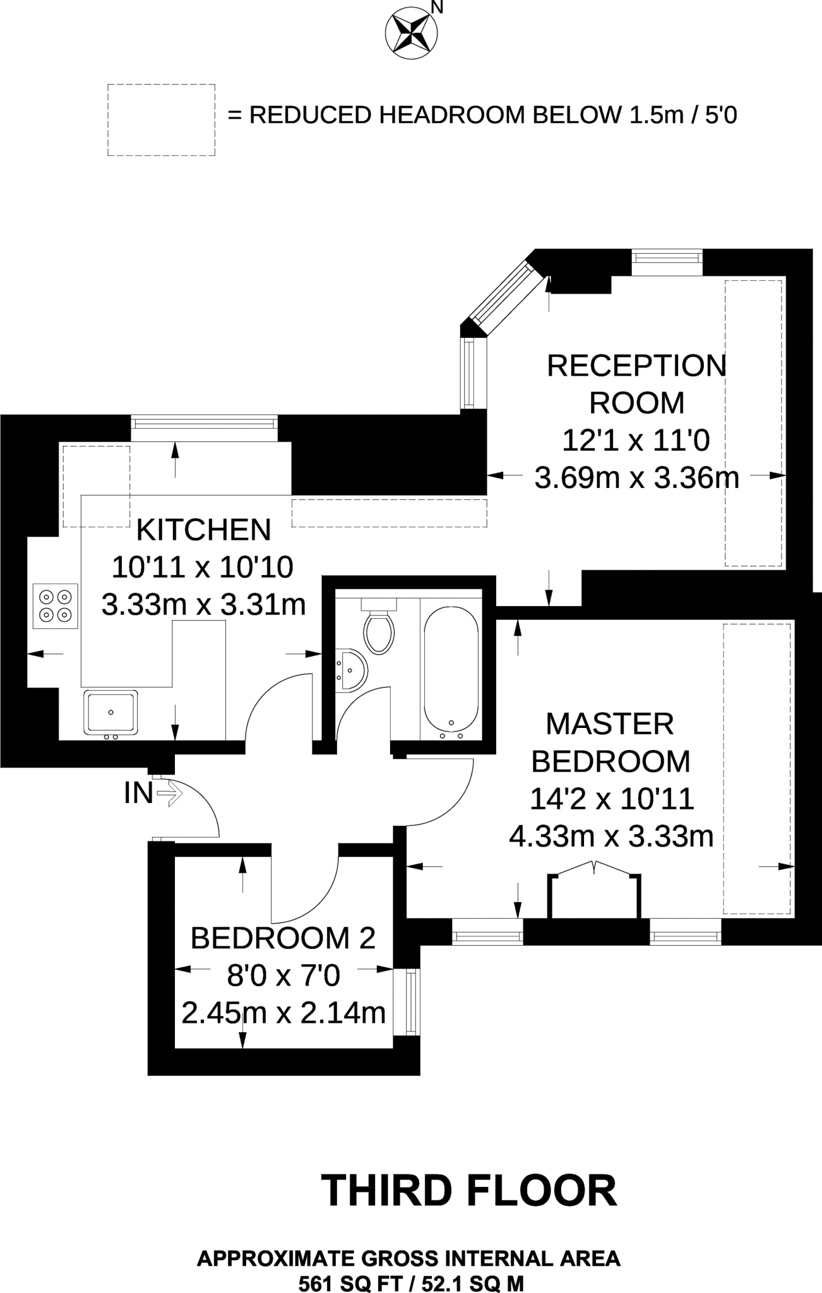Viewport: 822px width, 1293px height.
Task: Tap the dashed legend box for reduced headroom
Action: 161,120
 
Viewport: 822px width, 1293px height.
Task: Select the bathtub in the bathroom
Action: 450,672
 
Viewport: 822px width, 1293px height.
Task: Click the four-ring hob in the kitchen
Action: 56,605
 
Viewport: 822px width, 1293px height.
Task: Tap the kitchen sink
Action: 110,713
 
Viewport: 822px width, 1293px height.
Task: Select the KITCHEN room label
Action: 203,530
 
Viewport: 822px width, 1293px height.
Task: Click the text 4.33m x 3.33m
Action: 611,837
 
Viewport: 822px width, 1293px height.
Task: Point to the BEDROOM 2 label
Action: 283,938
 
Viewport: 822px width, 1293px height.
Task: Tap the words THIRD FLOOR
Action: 468,1191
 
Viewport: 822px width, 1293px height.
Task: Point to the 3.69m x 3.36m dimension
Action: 636,478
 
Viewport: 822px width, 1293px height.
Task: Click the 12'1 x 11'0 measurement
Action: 636,440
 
